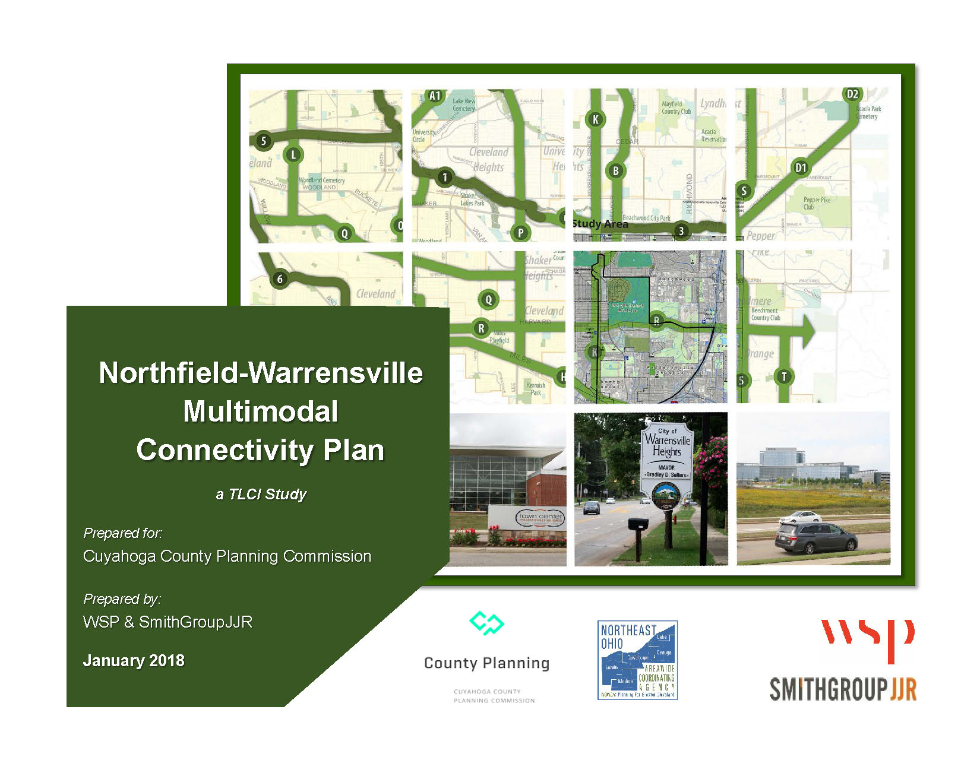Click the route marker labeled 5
click(264, 141)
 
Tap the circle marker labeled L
click(293, 155)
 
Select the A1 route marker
click(435, 96)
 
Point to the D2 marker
click(852, 94)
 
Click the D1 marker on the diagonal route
click(801, 167)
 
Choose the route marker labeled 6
click(280, 279)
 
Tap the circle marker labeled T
click(784, 376)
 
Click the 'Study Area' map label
click(600, 224)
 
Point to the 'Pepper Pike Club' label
click(817, 203)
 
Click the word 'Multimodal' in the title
click(261, 411)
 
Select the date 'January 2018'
click(134, 660)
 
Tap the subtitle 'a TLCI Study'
click(261, 494)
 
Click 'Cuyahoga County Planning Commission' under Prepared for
click(227, 556)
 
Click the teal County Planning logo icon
click(486, 623)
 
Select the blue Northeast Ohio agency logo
click(637, 660)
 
